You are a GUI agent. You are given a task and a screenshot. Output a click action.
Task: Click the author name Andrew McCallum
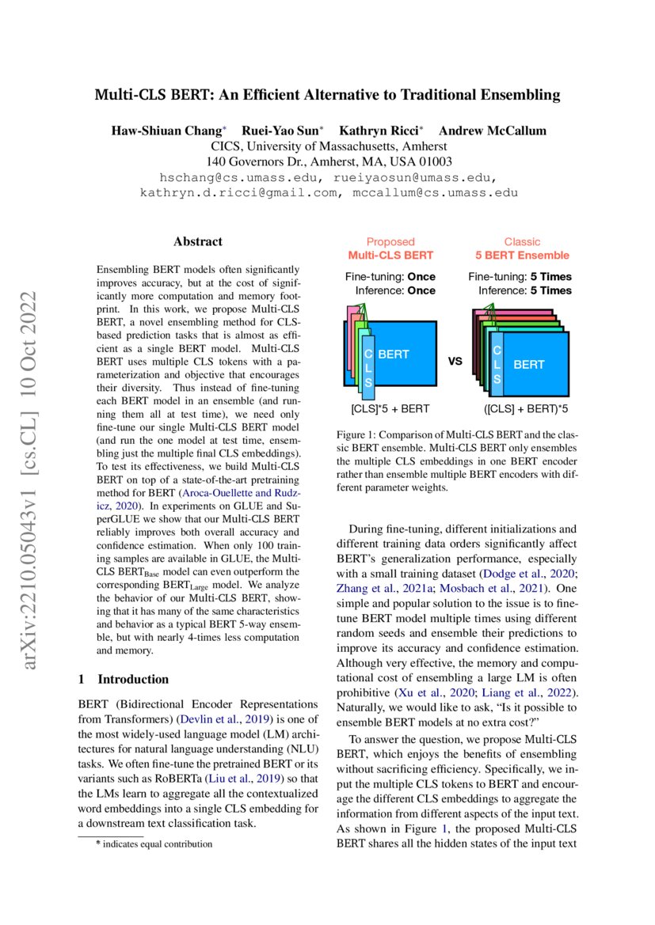pyautogui.click(x=492, y=130)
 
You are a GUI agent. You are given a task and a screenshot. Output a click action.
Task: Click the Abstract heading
pyautogui.click(x=198, y=241)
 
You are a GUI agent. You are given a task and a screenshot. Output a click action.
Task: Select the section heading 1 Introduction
pyautogui.click(x=124, y=679)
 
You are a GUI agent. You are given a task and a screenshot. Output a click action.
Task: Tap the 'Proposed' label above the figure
pyautogui.click(x=390, y=241)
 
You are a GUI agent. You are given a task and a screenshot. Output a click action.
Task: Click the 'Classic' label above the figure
pyautogui.click(x=522, y=241)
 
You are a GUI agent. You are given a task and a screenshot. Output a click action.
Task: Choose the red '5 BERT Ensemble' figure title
pyautogui.click(x=522, y=255)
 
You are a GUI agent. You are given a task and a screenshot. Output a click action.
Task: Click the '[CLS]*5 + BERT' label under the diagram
pyautogui.click(x=390, y=409)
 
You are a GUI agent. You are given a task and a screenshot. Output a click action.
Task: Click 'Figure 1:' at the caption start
pyautogui.click(x=359, y=435)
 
